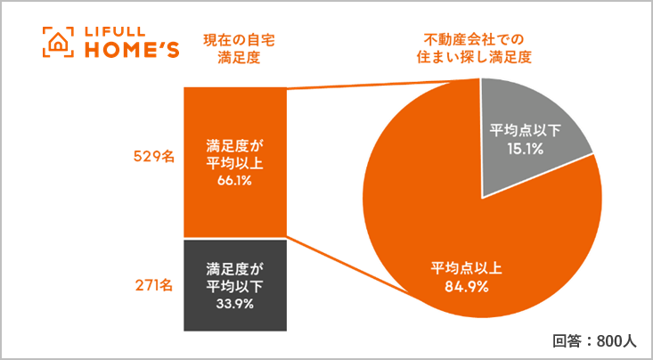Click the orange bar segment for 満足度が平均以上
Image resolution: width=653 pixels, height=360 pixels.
[236, 116]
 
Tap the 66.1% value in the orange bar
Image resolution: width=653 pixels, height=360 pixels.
[236, 181]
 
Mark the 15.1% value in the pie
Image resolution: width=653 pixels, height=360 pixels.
[526, 149]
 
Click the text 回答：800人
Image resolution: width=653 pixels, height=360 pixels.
[592, 340]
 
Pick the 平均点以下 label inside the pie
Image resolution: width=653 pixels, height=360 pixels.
[526, 131]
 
